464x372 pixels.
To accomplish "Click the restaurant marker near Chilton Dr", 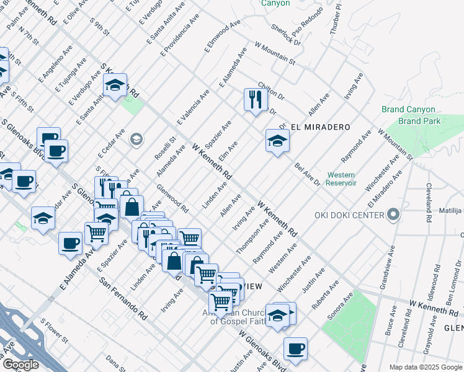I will coord(255,100).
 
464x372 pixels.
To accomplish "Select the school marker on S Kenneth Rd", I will coord(115,86).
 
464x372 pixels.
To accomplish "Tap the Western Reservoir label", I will coord(341,179).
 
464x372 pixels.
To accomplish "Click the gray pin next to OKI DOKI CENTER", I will coord(393,215).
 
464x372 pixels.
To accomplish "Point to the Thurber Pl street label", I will coord(337,19).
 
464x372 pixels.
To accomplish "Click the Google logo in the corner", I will coord(20,365).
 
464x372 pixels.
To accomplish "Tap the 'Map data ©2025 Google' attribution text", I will coord(425,367).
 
